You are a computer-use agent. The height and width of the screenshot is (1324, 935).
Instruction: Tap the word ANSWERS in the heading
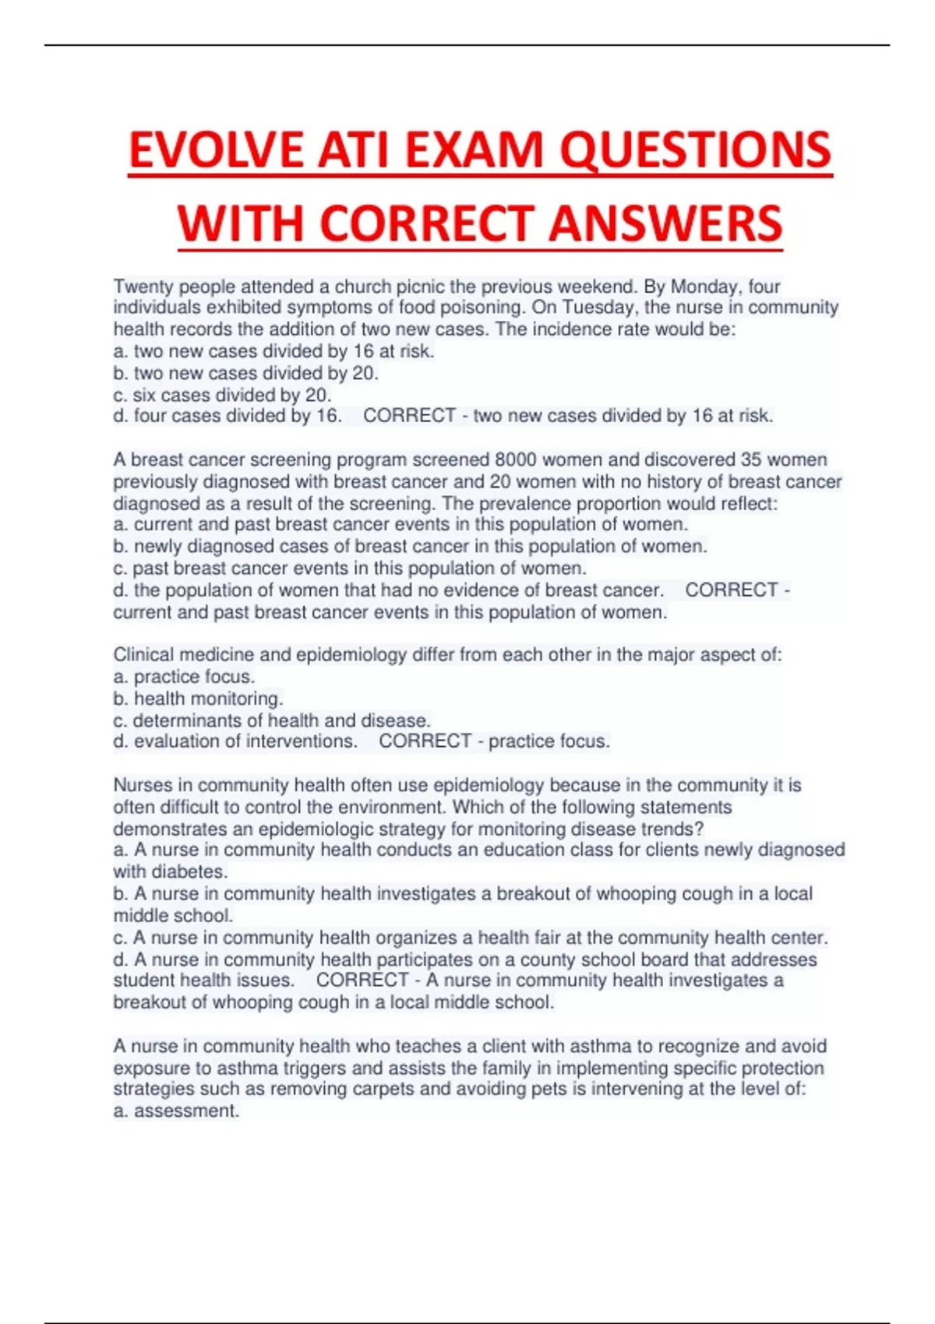[x=665, y=223]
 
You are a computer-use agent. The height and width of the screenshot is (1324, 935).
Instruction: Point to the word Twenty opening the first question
[x=143, y=287]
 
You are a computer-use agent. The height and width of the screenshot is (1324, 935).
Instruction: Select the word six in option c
[x=144, y=395]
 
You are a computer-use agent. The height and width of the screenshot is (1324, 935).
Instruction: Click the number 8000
[x=516, y=460]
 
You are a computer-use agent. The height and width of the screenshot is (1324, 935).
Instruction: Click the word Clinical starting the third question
[x=146, y=655]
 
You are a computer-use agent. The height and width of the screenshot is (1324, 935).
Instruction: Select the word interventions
[x=300, y=741]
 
